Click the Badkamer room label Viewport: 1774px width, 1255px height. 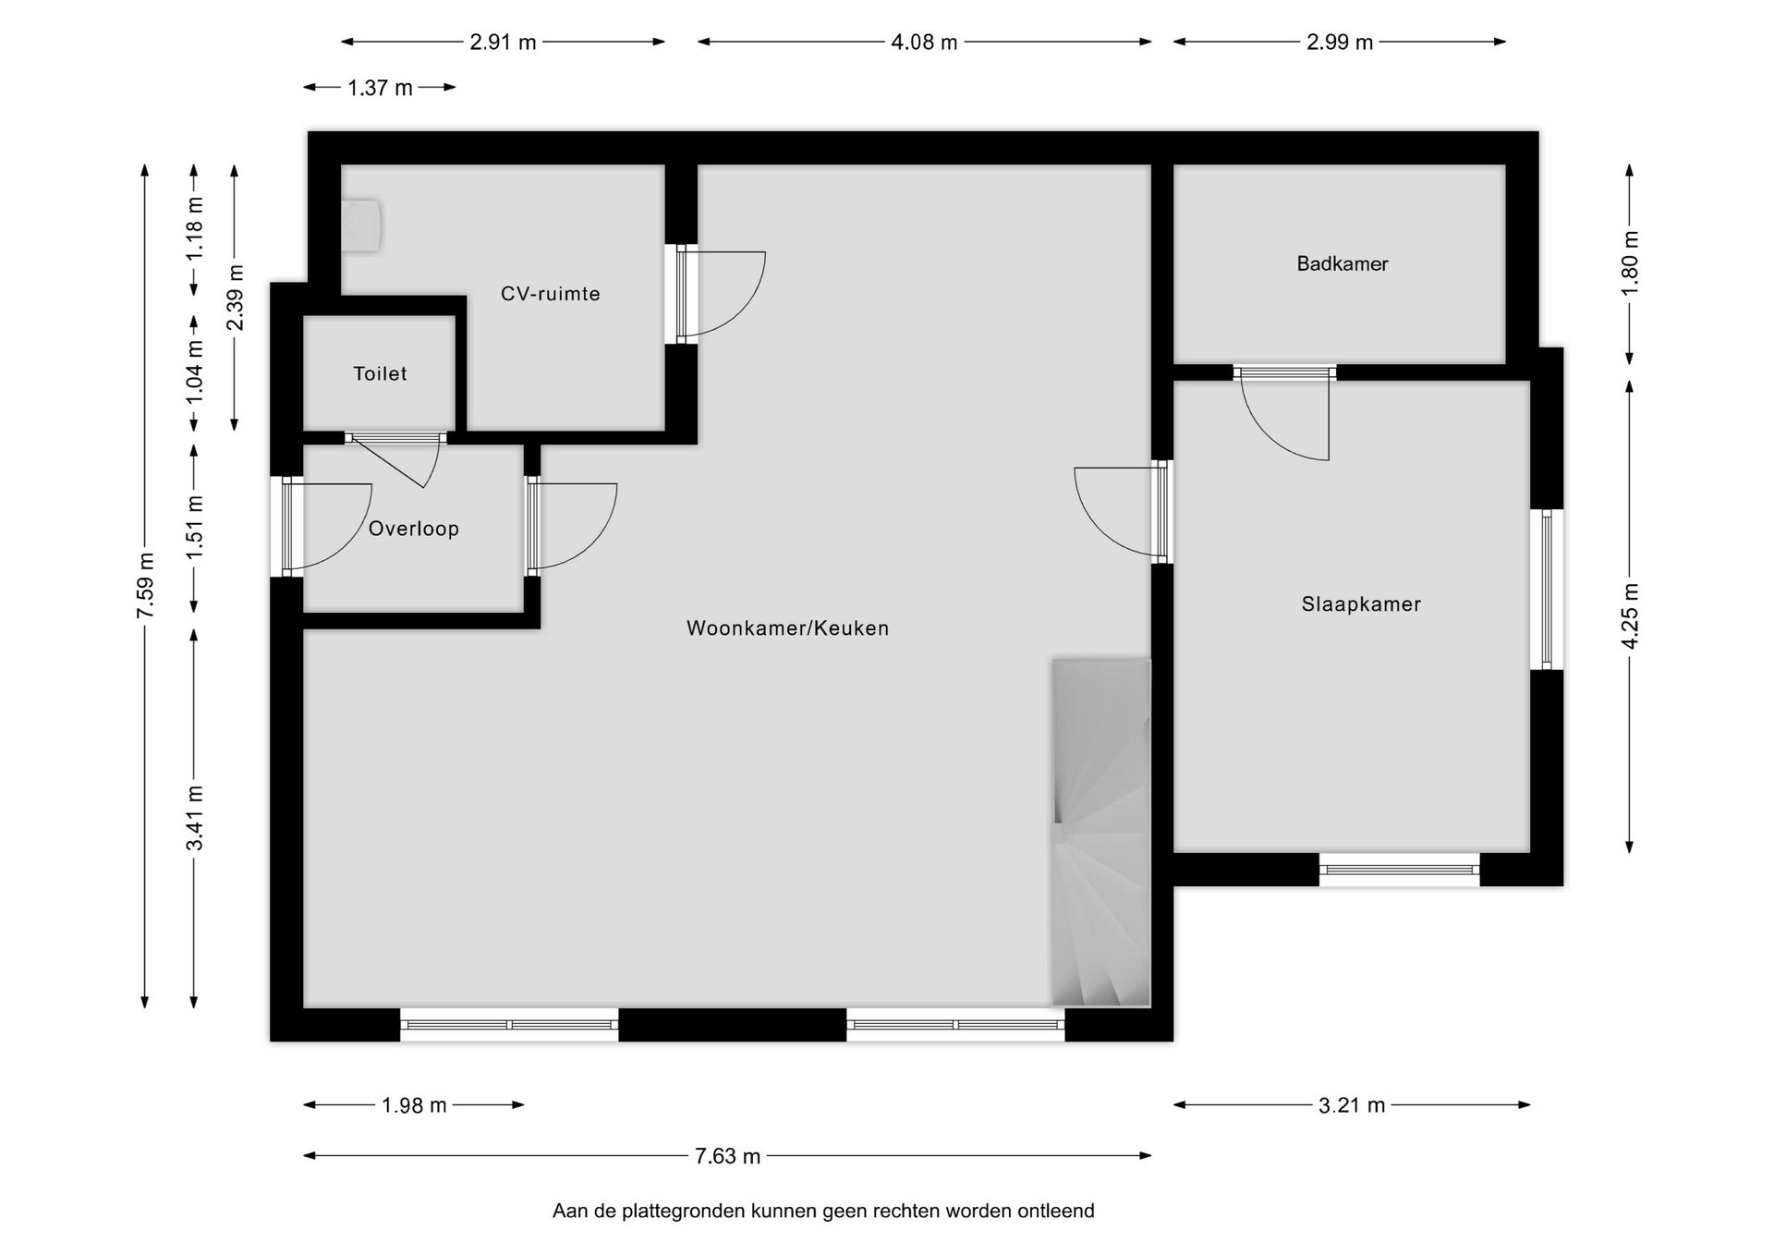coord(1342,264)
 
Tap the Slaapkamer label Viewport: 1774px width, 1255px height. coord(1360,604)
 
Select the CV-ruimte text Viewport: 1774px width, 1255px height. coord(550,294)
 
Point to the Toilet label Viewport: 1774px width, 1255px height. coord(380,373)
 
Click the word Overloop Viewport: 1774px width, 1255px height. coord(413,529)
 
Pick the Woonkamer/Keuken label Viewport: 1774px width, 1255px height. coord(787,628)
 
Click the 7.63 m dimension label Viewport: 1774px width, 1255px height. coord(727,1156)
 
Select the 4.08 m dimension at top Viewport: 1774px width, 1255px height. coord(924,43)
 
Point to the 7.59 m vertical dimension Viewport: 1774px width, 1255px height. coord(145,587)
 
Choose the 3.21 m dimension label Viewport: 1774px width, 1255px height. coord(1351,1105)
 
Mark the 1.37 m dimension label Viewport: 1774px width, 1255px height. coord(380,89)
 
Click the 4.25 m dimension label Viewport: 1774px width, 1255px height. coord(1630,616)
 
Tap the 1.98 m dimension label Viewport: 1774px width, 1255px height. coord(414,1105)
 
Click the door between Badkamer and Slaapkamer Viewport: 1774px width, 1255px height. coord(1284,373)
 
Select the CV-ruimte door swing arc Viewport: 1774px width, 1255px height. coord(730,294)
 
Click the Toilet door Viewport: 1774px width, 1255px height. coord(395,438)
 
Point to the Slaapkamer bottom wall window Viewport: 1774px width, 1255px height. coord(1399,870)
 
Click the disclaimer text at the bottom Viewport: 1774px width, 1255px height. coord(822,1211)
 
